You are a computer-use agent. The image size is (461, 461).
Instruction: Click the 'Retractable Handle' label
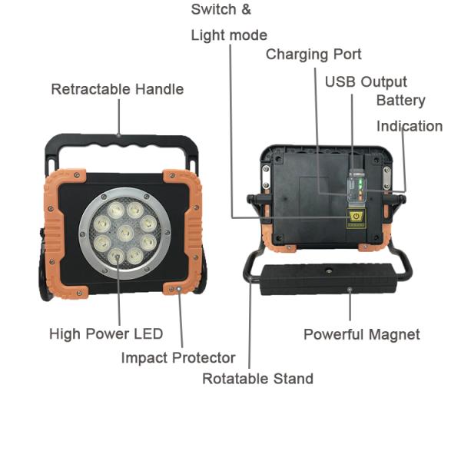(x=118, y=89)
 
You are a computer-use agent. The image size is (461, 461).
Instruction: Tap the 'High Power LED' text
(x=106, y=334)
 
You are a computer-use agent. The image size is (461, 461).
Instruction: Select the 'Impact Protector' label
(x=178, y=358)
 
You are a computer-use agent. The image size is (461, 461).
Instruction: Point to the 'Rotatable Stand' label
(x=257, y=378)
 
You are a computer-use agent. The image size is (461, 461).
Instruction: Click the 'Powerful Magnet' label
(x=362, y=334)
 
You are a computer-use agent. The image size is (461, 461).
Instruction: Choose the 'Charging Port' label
(x=313, y=55)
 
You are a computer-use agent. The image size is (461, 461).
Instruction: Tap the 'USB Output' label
(x=366, y=81)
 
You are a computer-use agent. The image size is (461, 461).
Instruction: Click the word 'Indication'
(x=410, y=126)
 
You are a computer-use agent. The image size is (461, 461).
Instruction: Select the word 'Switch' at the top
(x=214, y=9)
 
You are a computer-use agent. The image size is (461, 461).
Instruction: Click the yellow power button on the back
(x=356, y=217)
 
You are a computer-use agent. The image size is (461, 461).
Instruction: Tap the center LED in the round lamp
(x=125, y=234)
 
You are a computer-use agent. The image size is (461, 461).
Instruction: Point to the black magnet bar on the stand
(x=328, y=279)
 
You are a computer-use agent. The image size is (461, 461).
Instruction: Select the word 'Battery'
(x=401, y=101)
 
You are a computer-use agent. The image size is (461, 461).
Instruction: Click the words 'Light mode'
(x=229, y=35)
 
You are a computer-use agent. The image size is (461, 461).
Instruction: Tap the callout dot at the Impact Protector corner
(x=178, y=289)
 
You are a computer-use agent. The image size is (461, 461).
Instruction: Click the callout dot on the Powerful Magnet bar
(x=350, y=290)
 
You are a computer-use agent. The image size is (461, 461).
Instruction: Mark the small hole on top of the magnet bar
(x=328, y=270)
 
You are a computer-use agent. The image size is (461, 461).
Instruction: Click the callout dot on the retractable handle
(x=119, y=135)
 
